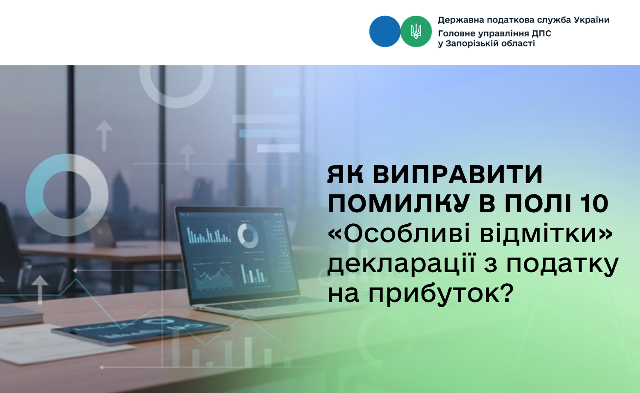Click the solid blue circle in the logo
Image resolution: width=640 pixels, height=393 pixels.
(384, 31)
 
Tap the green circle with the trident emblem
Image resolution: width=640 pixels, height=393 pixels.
(416, 31)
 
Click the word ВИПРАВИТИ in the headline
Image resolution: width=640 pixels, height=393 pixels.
(458, 174)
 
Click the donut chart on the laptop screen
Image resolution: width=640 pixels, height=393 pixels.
(248, 236)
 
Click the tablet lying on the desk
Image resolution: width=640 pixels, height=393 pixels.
(140, 329)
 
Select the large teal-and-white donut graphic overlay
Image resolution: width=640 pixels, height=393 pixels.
(67, 195)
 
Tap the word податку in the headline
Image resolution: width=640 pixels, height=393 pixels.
(563, 264)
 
